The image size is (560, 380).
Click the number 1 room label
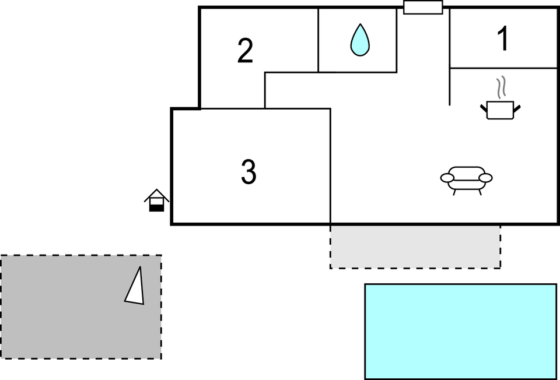tap(503, 40)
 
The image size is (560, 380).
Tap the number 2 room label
tap(246, 51)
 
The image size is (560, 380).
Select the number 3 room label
tap(249, 173)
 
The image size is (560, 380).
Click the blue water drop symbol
tap(360, 40)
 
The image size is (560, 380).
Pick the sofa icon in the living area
tap(466, 179)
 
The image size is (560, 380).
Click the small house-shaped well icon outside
tap(156, 200)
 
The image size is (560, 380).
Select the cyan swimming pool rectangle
tap(460, 331)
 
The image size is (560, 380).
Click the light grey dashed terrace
tap(415, 247)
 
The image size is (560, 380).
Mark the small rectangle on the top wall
tap(423, 8)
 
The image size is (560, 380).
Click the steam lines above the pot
tap(501, 88)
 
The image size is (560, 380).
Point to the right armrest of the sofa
tap(485, 178)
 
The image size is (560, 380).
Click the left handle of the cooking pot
tap(484, 107)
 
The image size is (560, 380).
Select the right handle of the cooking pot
tap(517, 107)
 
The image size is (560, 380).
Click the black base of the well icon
tap(156, 207)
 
